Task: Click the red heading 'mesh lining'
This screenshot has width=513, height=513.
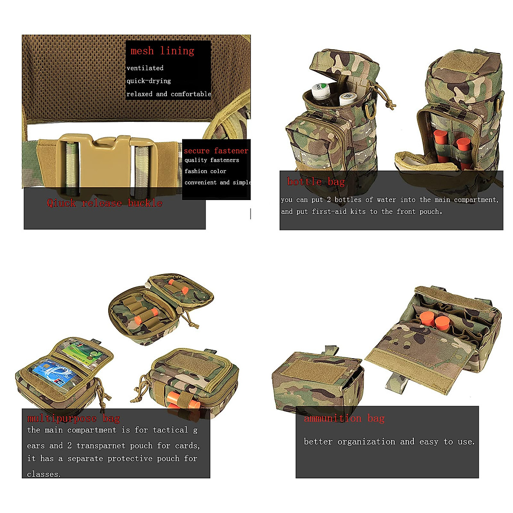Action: (x=162, y=50)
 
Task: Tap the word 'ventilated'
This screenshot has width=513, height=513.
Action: (x=145, y=68)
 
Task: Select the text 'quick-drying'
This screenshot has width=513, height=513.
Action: (x=148, y=81)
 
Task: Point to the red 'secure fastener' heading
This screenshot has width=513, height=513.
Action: (x=216, y=150)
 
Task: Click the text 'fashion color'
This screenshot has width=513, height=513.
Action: (x=205, y=171)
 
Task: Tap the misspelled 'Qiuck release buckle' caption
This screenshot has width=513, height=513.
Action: (x=104, y=203)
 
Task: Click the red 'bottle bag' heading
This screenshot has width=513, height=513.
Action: (x=316, y=182)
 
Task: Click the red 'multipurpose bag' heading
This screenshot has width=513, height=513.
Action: (x=74, y=418)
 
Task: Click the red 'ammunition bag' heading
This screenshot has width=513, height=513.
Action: (x=344, y=418)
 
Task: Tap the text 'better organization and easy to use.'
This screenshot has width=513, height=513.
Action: (x=389, y=442)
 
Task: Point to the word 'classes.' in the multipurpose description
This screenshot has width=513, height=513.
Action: (x=44, y=474)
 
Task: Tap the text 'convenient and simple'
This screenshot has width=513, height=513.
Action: (x=218, y=183)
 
